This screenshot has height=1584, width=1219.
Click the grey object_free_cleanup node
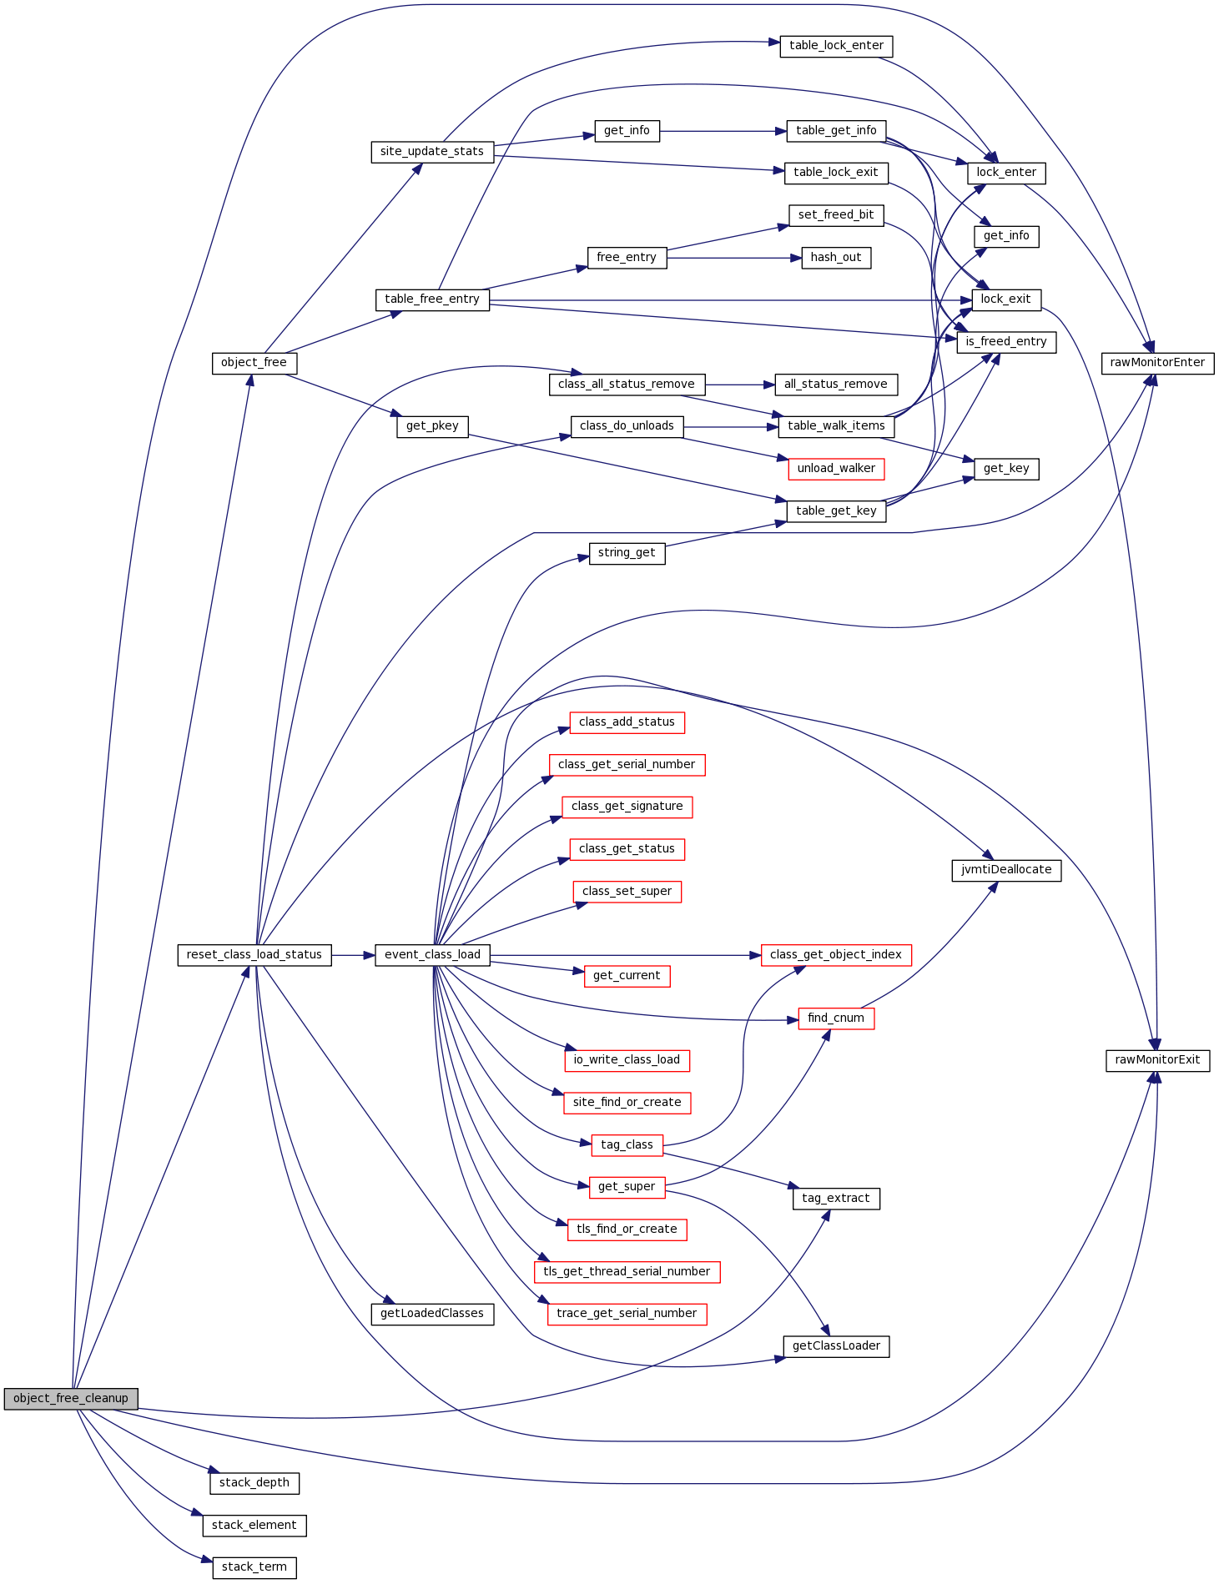[x=70, y=1399]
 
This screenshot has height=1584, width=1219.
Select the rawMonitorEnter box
[x=1157, y=363]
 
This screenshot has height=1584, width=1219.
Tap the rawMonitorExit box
[x=1157, y=1060]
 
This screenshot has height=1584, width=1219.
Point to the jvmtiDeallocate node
[x=1006, y=870]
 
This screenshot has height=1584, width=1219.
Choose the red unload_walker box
[x=835, y=469]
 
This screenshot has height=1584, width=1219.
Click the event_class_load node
[x=432, y=955]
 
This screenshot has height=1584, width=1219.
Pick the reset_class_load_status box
[x=254, y=955]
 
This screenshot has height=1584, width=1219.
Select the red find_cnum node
[x=836, y=1018]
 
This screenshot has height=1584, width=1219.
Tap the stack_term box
[x=254, y=1567]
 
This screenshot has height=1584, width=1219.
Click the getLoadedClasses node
[x=431, y=1314]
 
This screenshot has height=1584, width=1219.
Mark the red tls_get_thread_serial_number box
[x=627, y=1272]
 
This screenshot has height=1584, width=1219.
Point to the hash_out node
[x=835, y=258]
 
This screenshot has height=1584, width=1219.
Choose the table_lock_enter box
[x=836, y=46]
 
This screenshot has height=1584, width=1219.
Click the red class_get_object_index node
[x=835, y=955]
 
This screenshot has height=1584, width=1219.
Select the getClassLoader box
[x=836, y=1346]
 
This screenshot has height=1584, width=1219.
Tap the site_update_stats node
[x=431, y=152]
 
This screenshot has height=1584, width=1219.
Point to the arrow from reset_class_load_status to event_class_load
[x=353, y=955]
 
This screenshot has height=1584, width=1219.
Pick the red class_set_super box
[x=627, y=892]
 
